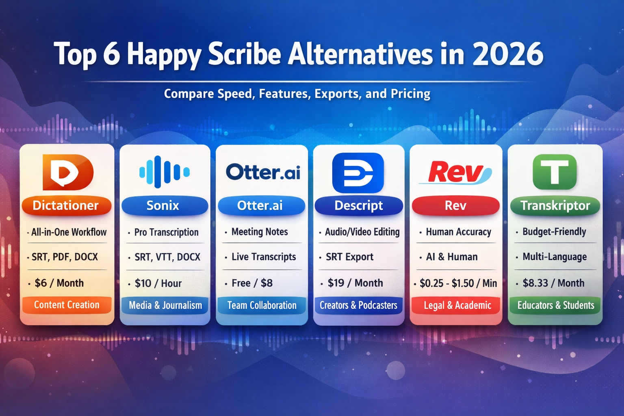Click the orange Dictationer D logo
pos(68,172)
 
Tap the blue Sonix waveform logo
pos(165,172)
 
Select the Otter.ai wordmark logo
pos(263,172)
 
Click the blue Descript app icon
pos(358,173)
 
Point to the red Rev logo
pos(456,173)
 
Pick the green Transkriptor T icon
pos(555,172)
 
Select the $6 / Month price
pos(59,283)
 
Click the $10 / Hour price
pos(158,284)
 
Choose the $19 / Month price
pos(355,283)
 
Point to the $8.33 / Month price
pos(554,283)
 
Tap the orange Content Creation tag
pos(67,305)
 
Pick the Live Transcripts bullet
pos(264,257)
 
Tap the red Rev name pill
pos(456,206)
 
